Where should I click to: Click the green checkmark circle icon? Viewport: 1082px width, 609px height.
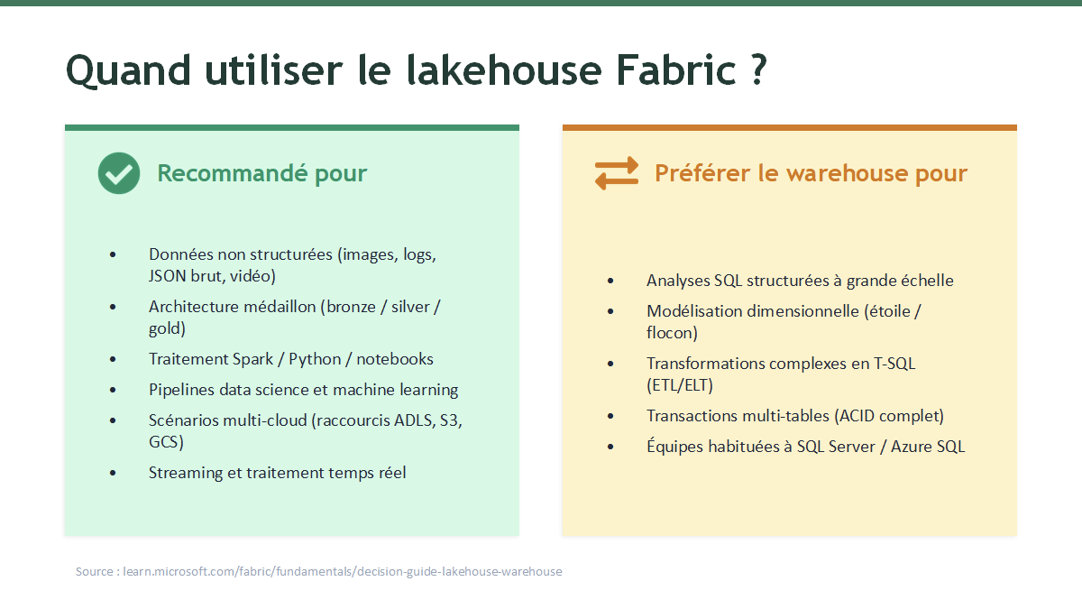coord(119,173)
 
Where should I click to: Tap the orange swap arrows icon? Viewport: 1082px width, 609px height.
coord(617,173)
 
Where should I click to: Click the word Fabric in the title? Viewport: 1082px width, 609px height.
coord(676,70)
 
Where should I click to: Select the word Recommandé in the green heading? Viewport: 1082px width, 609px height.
coord(232,172)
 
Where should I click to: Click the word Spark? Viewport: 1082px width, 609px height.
coord(252,360)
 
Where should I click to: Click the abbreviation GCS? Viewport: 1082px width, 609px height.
coord(163,442)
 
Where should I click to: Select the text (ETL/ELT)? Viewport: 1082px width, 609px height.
coord(680,385)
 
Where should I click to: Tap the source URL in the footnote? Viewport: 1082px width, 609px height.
coord(343,572)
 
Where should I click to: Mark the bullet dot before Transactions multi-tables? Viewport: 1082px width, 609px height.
coord(610,416)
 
